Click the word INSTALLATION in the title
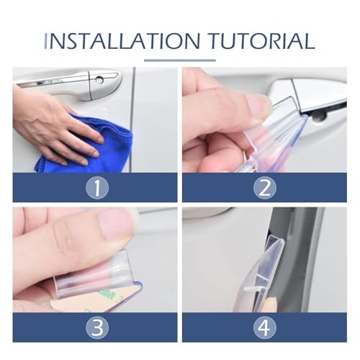tap(122, 41)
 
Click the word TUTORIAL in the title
tap(261, 41)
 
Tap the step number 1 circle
tap(97, 187)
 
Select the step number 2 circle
tap(265, 187)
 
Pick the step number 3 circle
tap(97, 328)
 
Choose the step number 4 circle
tap(265, 328)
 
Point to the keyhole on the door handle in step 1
tap(99, 79)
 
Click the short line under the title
tap(180, 60)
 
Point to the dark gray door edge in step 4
tap(297, 259)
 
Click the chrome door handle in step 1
tap(70, 81)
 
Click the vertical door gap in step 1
tap(132, 120)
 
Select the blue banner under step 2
tap(264, 187)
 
